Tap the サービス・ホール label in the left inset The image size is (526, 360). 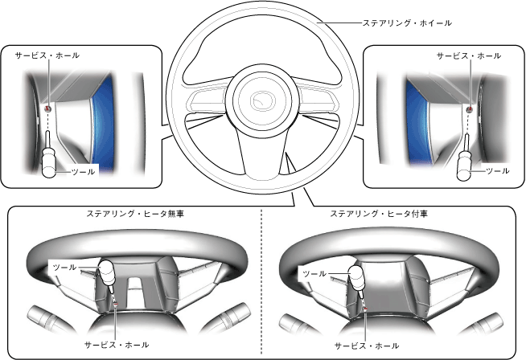tap(47, 56)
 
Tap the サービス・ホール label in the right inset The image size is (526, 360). tap(469, 56)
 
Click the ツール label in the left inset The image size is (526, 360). tap(84, 171)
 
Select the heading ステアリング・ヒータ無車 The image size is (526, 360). tap(133, 215)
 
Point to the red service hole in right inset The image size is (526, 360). tap(471, 106)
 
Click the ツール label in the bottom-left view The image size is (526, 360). tap(64, 266)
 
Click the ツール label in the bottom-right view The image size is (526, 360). tap(314, 274)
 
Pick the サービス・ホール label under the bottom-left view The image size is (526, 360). tap(118, 344)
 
